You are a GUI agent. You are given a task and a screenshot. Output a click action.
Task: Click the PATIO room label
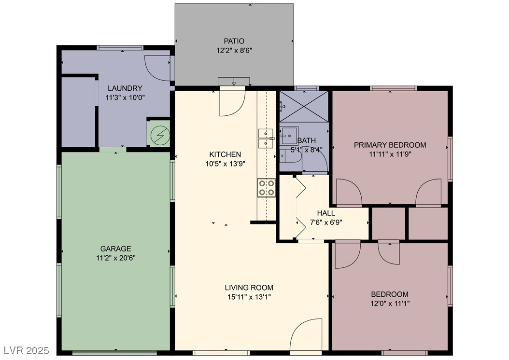click(x=234, y=41)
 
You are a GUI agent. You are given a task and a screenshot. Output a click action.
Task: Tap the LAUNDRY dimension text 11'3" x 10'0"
click(x=125, y=97)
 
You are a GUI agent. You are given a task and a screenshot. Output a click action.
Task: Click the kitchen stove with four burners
click(x=266, y=187)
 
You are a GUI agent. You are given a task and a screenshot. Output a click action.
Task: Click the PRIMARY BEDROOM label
click(x=390, y=145)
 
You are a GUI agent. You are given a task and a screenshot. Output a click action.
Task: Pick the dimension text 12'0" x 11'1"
click(x=390, y=304)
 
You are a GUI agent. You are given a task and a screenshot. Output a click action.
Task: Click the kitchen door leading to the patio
click(x=232, y=102)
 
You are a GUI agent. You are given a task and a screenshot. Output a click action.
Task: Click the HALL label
click(x=325, y=213)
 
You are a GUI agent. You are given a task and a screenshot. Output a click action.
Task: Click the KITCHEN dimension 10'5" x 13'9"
click(x=225, y=164)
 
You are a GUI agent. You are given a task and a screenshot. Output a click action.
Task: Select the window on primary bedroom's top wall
click(x=393, y=88)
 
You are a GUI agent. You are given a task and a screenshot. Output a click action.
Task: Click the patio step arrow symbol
click(x=234, y=82)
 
